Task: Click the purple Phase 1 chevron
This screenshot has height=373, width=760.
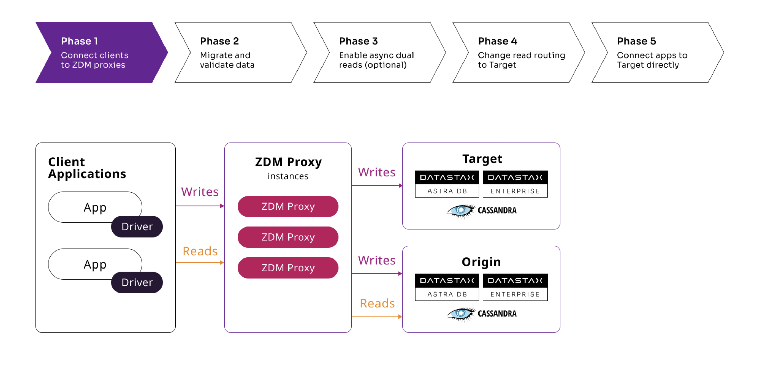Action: point(100,53)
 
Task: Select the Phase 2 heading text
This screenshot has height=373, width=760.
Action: point(219,41)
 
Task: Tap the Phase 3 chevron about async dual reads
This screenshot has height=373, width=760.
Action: point(379,53)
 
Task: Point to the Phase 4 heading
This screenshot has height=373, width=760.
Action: point(497,41)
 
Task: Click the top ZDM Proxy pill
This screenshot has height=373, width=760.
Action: point(288,206)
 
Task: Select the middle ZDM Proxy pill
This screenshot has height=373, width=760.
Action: point(288,237)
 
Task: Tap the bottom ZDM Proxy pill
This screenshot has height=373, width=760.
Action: point(288,268)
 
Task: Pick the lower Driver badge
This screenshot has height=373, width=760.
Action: point(137,282)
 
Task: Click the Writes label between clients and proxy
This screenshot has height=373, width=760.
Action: point(200,192)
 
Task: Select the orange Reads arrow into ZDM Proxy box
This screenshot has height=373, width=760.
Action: point(200,262)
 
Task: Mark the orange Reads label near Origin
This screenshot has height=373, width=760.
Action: point(377,303)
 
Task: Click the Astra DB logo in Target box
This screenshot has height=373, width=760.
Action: point(447,184)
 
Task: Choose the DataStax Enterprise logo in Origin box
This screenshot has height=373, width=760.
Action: point(515,287)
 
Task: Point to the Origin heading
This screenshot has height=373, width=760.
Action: point(481,262)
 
